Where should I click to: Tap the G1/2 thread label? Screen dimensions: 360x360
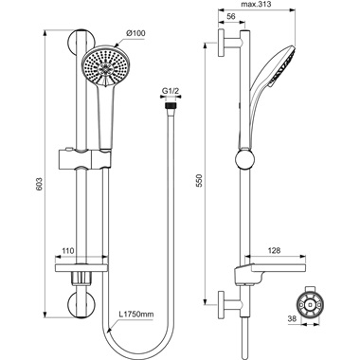[171, 92]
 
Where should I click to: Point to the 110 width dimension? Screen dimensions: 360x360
[67, 252]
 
